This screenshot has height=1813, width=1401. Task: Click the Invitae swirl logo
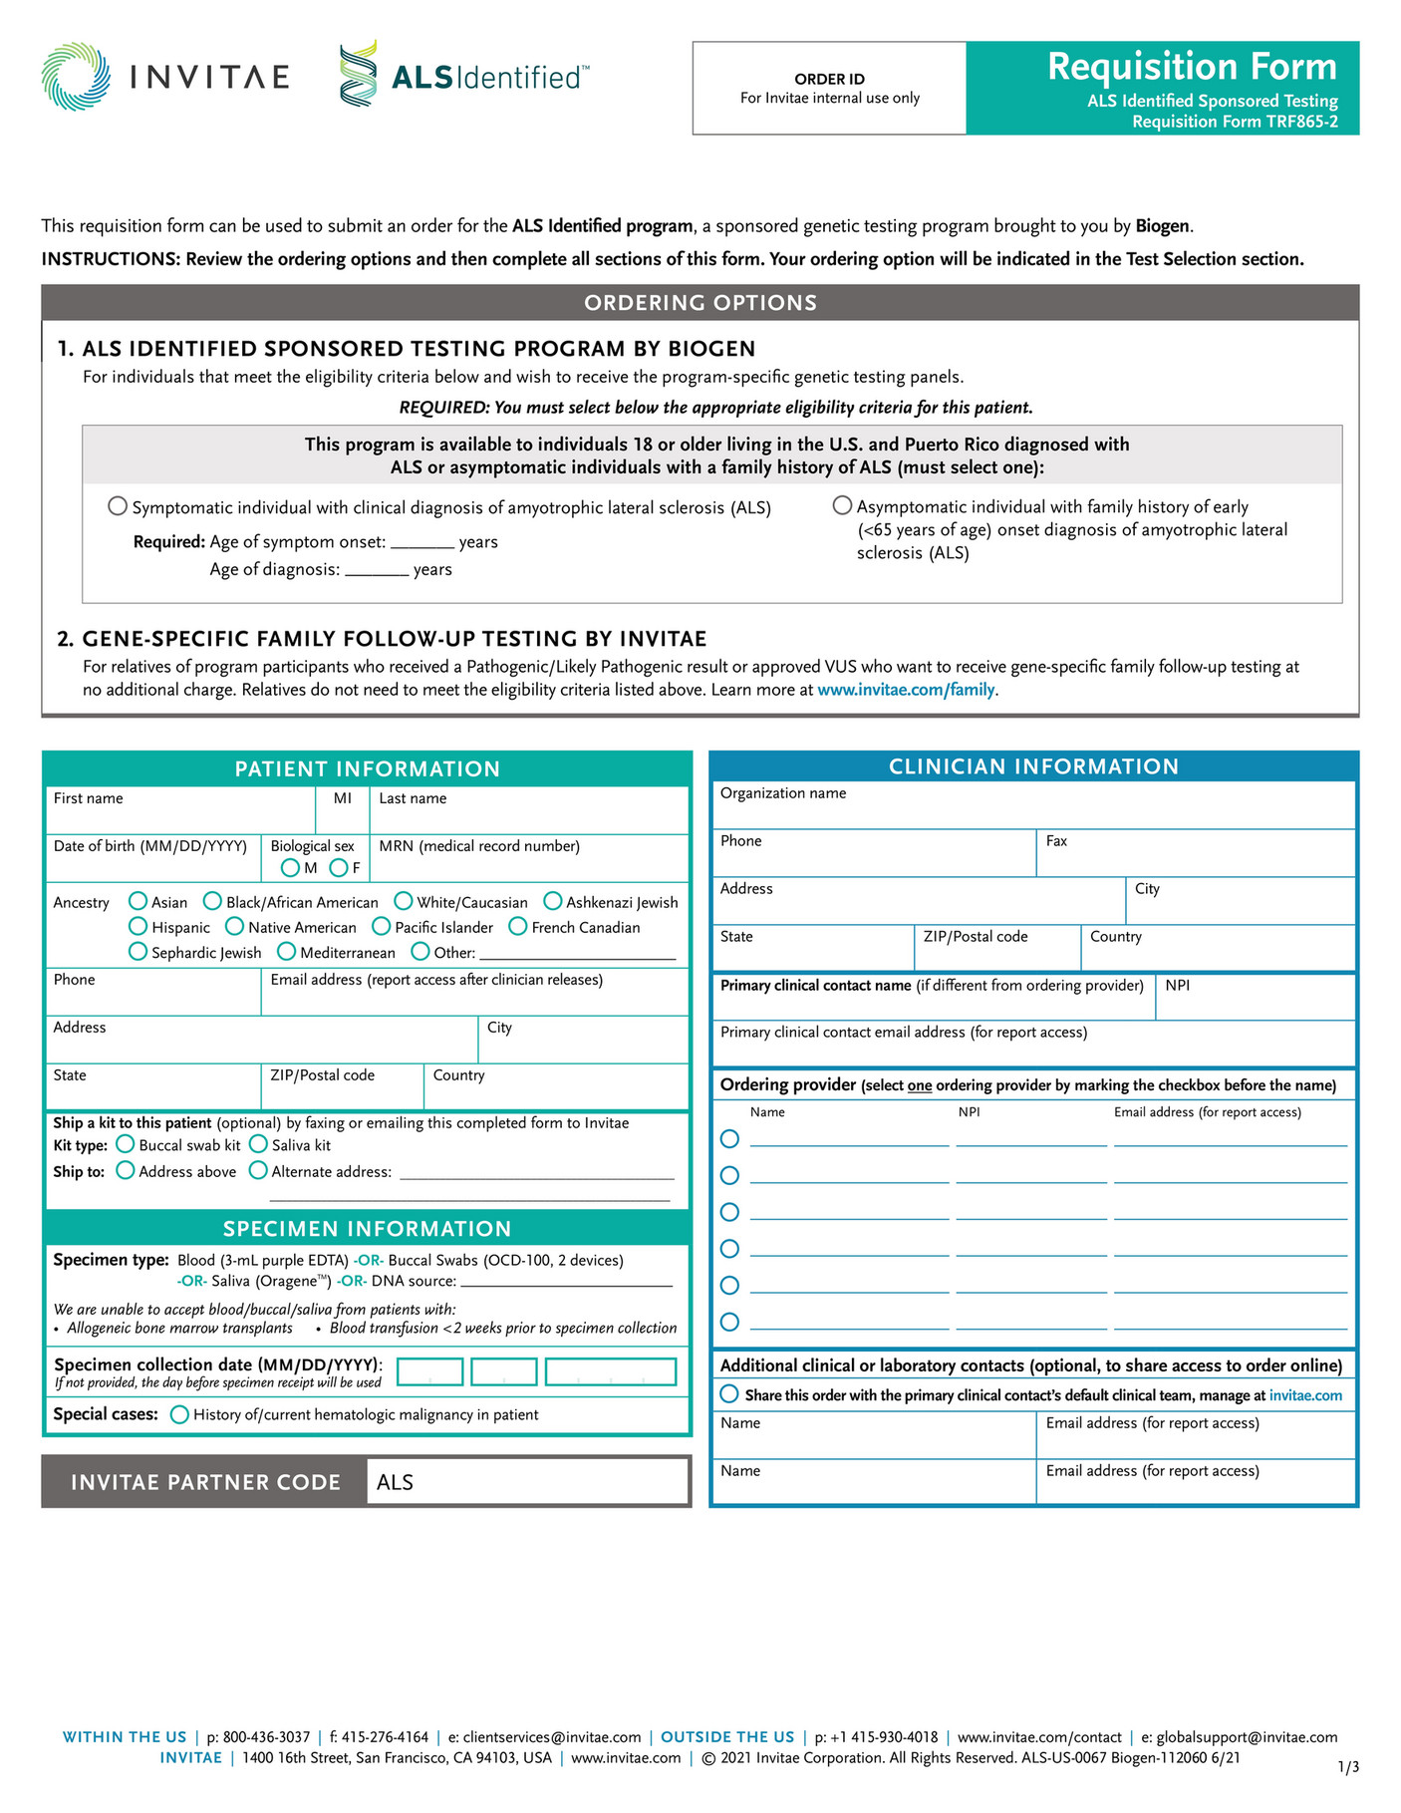76,77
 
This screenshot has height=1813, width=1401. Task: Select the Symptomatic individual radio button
118,506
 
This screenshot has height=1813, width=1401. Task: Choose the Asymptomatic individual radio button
842,505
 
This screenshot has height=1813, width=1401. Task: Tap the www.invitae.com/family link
906,690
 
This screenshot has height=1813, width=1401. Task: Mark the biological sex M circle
290,868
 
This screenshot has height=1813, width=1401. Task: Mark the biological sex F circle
339,868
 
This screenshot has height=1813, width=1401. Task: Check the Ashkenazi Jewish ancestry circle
553,901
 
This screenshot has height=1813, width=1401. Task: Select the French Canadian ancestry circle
518,926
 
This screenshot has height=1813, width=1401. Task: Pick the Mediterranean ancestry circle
287,952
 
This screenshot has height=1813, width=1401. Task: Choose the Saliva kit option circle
258,1144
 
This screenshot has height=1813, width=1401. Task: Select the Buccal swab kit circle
126,1144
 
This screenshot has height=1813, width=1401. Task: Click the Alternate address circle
258,1170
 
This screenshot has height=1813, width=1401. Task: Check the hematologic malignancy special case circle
179,1414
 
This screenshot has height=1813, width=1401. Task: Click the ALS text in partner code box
395,1482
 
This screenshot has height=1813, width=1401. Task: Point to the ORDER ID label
829,79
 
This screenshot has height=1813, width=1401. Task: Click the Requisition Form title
1192,67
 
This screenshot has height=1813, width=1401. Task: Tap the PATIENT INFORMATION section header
367,768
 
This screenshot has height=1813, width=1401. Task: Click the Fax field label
1056,841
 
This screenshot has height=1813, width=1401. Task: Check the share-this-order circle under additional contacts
730,1393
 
